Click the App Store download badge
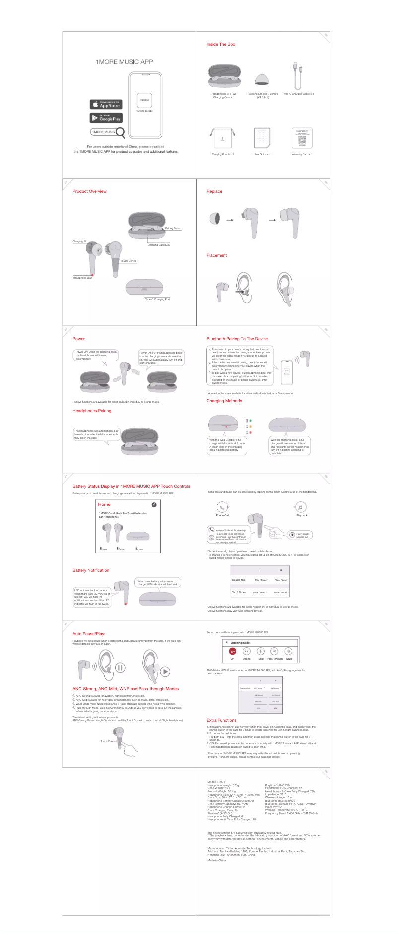106,104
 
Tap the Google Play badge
106,118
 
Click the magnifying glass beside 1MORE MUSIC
120,132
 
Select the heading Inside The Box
221,44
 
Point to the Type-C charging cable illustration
297,75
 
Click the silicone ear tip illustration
262,79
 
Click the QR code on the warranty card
302,140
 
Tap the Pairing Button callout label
173,228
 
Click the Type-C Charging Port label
157,299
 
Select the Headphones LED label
82,278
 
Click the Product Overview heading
89,191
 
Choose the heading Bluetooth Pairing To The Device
237,339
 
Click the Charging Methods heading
224,401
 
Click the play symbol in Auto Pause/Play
165,671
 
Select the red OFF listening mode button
232,651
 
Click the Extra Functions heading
221,720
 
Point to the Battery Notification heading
91,570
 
